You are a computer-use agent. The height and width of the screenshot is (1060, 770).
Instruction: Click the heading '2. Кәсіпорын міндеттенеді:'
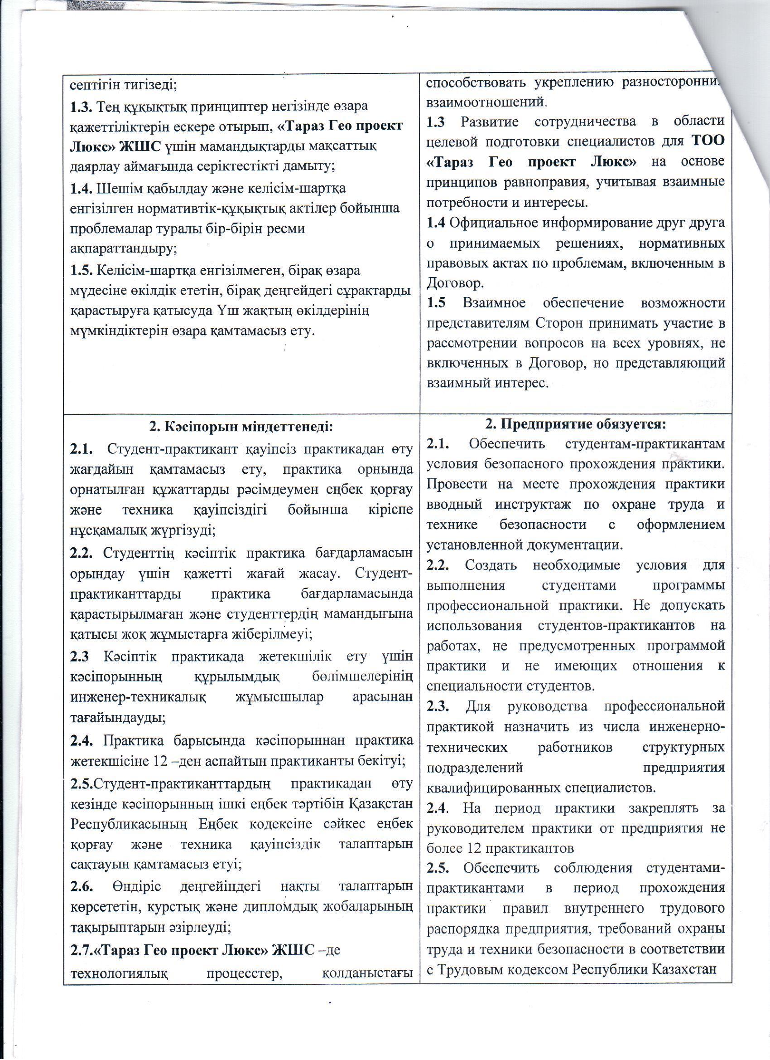pos(241,427)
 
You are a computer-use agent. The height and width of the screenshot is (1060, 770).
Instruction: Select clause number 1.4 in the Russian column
pos(436,223)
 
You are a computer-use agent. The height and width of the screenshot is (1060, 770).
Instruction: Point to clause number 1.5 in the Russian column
pos(436,303)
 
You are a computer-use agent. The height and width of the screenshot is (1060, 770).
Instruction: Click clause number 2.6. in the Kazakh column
pos(82,887)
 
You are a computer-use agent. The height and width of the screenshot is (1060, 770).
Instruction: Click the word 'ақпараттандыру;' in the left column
pos(123,249)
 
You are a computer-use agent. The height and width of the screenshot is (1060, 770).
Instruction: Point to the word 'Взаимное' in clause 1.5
pos(491,303)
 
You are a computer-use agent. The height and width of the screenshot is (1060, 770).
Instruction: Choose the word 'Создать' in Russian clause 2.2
pos(490,565)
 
